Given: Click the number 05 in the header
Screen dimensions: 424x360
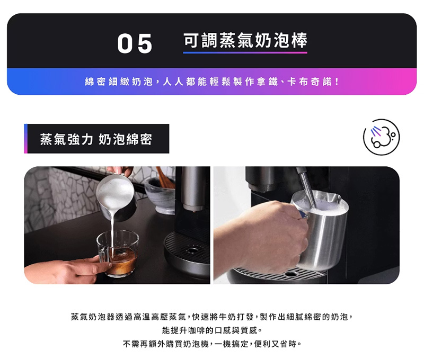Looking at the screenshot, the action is (x=135, y=43).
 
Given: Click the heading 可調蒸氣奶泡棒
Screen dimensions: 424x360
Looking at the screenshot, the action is (x=245, y=41).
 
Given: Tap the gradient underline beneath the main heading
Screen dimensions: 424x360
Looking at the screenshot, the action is (x=245, y=52).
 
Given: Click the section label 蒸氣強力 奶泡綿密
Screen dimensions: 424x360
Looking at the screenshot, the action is (x=96, y=139).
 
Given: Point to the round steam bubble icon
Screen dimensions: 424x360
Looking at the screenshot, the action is (x=381, y=137).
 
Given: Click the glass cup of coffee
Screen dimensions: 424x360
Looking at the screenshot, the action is (x=118, y=253).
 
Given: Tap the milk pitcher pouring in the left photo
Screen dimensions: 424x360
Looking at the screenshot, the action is (x=116, y=194).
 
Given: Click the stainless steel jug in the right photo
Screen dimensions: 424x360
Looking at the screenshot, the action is (x=322, y=230).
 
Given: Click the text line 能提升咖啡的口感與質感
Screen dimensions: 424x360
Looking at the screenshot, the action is (x=212, y=330).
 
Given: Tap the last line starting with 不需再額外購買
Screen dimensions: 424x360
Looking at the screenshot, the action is (x=212, y=344).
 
